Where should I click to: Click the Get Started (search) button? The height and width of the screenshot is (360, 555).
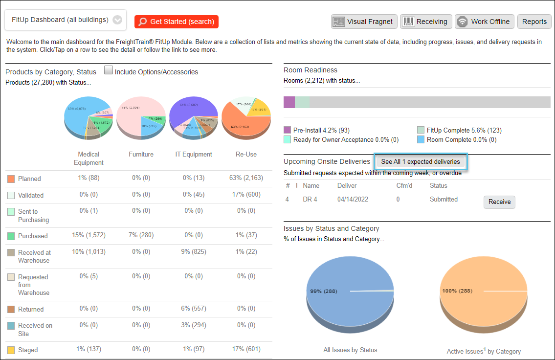(x=177, y=22)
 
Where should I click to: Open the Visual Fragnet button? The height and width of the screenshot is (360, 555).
(x=364, y=22)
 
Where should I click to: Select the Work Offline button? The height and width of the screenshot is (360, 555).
(x=484, y=22)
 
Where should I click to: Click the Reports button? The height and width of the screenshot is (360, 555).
(x=534, y=22)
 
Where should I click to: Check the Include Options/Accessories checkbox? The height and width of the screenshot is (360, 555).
(x=109, y=70)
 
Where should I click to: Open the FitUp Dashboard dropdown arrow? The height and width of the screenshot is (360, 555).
(x=117, y=20)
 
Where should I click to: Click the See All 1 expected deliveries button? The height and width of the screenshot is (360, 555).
(x=421, y=162)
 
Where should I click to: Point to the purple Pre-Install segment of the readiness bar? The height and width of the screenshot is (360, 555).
(x=289, y=102)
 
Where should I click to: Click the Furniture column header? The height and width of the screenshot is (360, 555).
(x=141, y=155)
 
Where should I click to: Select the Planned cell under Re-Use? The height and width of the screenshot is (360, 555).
(x=245, y=178)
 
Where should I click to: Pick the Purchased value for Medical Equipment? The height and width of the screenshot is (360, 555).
(x=89, y=235)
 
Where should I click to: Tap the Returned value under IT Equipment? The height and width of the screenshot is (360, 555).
(x=194, y=309)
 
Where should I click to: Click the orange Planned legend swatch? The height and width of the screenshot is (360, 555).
(x=11, y=179)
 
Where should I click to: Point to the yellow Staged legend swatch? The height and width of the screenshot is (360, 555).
(x=11, y=350)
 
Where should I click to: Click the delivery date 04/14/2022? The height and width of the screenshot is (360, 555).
(x=353, y=200)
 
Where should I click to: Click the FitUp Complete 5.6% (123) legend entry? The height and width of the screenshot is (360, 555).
(x=464, y=130)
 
